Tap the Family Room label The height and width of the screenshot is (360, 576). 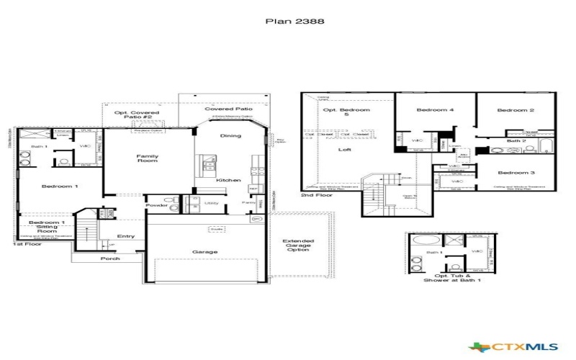(x=148, y=158)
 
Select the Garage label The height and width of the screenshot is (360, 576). (x=204, y=252)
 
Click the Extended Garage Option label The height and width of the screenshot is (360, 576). (x=298, y=246)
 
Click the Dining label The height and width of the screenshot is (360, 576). (x=230, y=135)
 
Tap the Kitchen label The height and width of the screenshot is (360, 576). (x=228, y=180)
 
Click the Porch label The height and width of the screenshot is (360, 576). (x=110, y=258)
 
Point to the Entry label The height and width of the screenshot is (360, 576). (x=126, y=235)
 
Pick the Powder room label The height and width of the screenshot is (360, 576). (x=156, y=205)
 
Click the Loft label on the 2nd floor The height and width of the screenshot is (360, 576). (x=346, y=150)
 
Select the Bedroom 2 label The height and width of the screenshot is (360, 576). (x=516, y=110)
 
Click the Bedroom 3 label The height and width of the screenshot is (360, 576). (x=516, y=173)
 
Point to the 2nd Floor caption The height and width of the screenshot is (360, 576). (x=316, y=195)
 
